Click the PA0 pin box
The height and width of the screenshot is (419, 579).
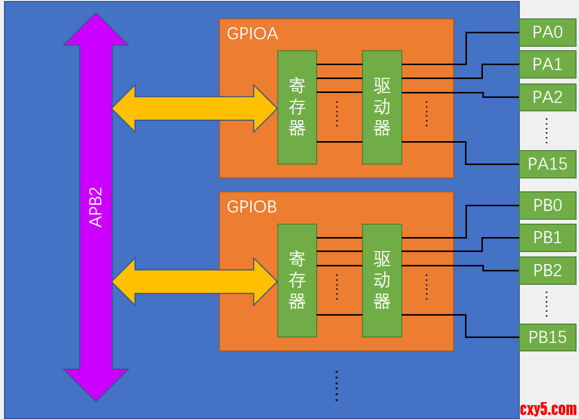[x=547, y=32]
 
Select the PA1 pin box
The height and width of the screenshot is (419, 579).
[x=547, y=65]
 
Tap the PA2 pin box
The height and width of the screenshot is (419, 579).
[x=547, y=97]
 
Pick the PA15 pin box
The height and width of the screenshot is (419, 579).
[x=547, y=164]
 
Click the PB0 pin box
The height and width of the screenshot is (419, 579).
[x=547, y=205]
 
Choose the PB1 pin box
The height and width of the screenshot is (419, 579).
[x=547, y=238]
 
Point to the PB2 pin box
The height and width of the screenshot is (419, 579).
[x=547, y=270]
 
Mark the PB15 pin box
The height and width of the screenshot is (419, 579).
[x=547, y=337]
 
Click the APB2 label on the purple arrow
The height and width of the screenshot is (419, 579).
[x=96, y=207]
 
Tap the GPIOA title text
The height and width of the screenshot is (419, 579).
[x=252, y=33]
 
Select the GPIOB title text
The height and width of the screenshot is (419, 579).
[x=252, y=207]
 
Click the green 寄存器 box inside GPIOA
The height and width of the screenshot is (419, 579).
[x=297, y=107]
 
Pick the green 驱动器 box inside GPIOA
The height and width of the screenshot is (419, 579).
[x=382, y=107]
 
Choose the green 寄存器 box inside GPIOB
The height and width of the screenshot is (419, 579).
[x=297, y=280]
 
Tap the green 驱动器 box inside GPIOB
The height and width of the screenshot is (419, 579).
[x=382, y=280]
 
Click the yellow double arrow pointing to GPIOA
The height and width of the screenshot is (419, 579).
[x=194, y=108]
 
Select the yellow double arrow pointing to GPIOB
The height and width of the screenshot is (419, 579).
[x=194, y=281]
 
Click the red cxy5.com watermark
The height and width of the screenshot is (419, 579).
[x=548, y=409]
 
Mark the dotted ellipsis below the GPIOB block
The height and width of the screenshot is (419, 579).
[x=337, y=386]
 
